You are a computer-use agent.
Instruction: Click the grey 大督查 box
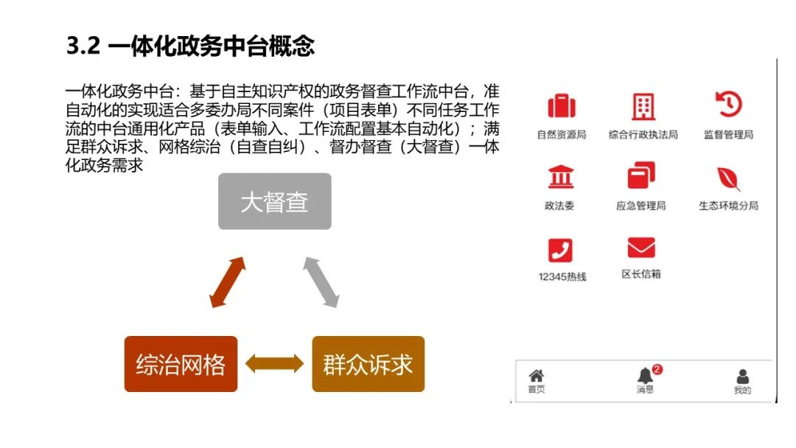pos(274,201)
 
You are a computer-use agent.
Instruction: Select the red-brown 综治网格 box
pos(181,364)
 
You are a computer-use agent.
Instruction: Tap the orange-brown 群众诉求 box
pos(368,364)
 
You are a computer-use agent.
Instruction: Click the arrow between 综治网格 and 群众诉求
pos(274,363)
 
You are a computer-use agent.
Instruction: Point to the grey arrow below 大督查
pos(321,282)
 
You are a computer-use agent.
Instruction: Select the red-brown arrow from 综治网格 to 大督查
pos(227,282)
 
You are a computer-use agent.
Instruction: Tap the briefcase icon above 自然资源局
pos(561,106)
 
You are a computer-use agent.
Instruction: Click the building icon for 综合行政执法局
pos(643,107)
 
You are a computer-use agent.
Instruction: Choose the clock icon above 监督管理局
pos(728,105)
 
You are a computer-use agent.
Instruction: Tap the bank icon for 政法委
pos(560,178)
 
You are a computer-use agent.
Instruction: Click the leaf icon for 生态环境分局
pos(728,178)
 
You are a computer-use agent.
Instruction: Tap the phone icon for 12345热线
pos(560,250)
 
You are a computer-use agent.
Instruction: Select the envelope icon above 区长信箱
pos(640,248)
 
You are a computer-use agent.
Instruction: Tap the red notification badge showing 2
pos(657,369)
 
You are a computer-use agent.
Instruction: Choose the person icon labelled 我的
pos(742,377)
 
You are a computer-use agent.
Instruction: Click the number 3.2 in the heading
pos(83,46)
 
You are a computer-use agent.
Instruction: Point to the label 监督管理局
pos(728,135)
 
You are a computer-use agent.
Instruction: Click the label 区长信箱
pos(640,274)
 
